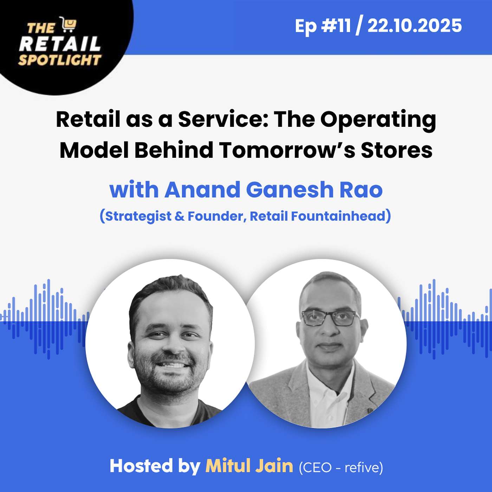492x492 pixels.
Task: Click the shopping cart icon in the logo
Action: (x=68, y=25)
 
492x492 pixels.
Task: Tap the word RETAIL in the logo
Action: (x=60, y=44)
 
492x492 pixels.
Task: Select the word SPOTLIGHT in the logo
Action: (x=60, y=60)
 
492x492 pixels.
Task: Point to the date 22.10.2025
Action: (x=415, y=26)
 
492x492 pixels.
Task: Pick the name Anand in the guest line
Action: (x=202, y=190)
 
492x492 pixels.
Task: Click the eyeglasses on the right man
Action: (x=329, y=317)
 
